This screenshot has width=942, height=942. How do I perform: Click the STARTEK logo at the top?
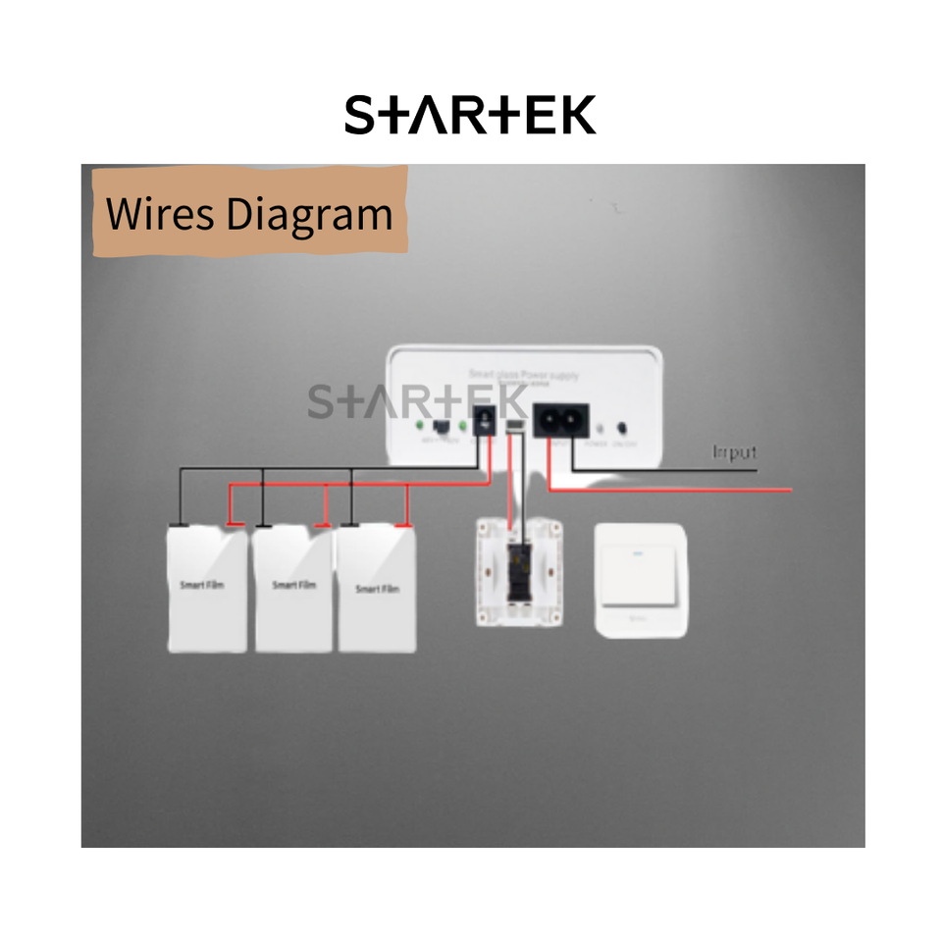(470, 116)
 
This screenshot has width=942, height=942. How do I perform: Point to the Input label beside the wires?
(735, 452)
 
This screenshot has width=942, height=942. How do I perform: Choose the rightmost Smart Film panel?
(377, 592)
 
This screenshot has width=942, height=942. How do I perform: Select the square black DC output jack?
(483, 424)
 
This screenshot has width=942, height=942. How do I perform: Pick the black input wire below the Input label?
(687, 470)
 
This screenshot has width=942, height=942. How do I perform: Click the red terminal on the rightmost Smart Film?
(401, 525)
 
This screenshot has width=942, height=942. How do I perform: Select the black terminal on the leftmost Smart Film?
(180, 525)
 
